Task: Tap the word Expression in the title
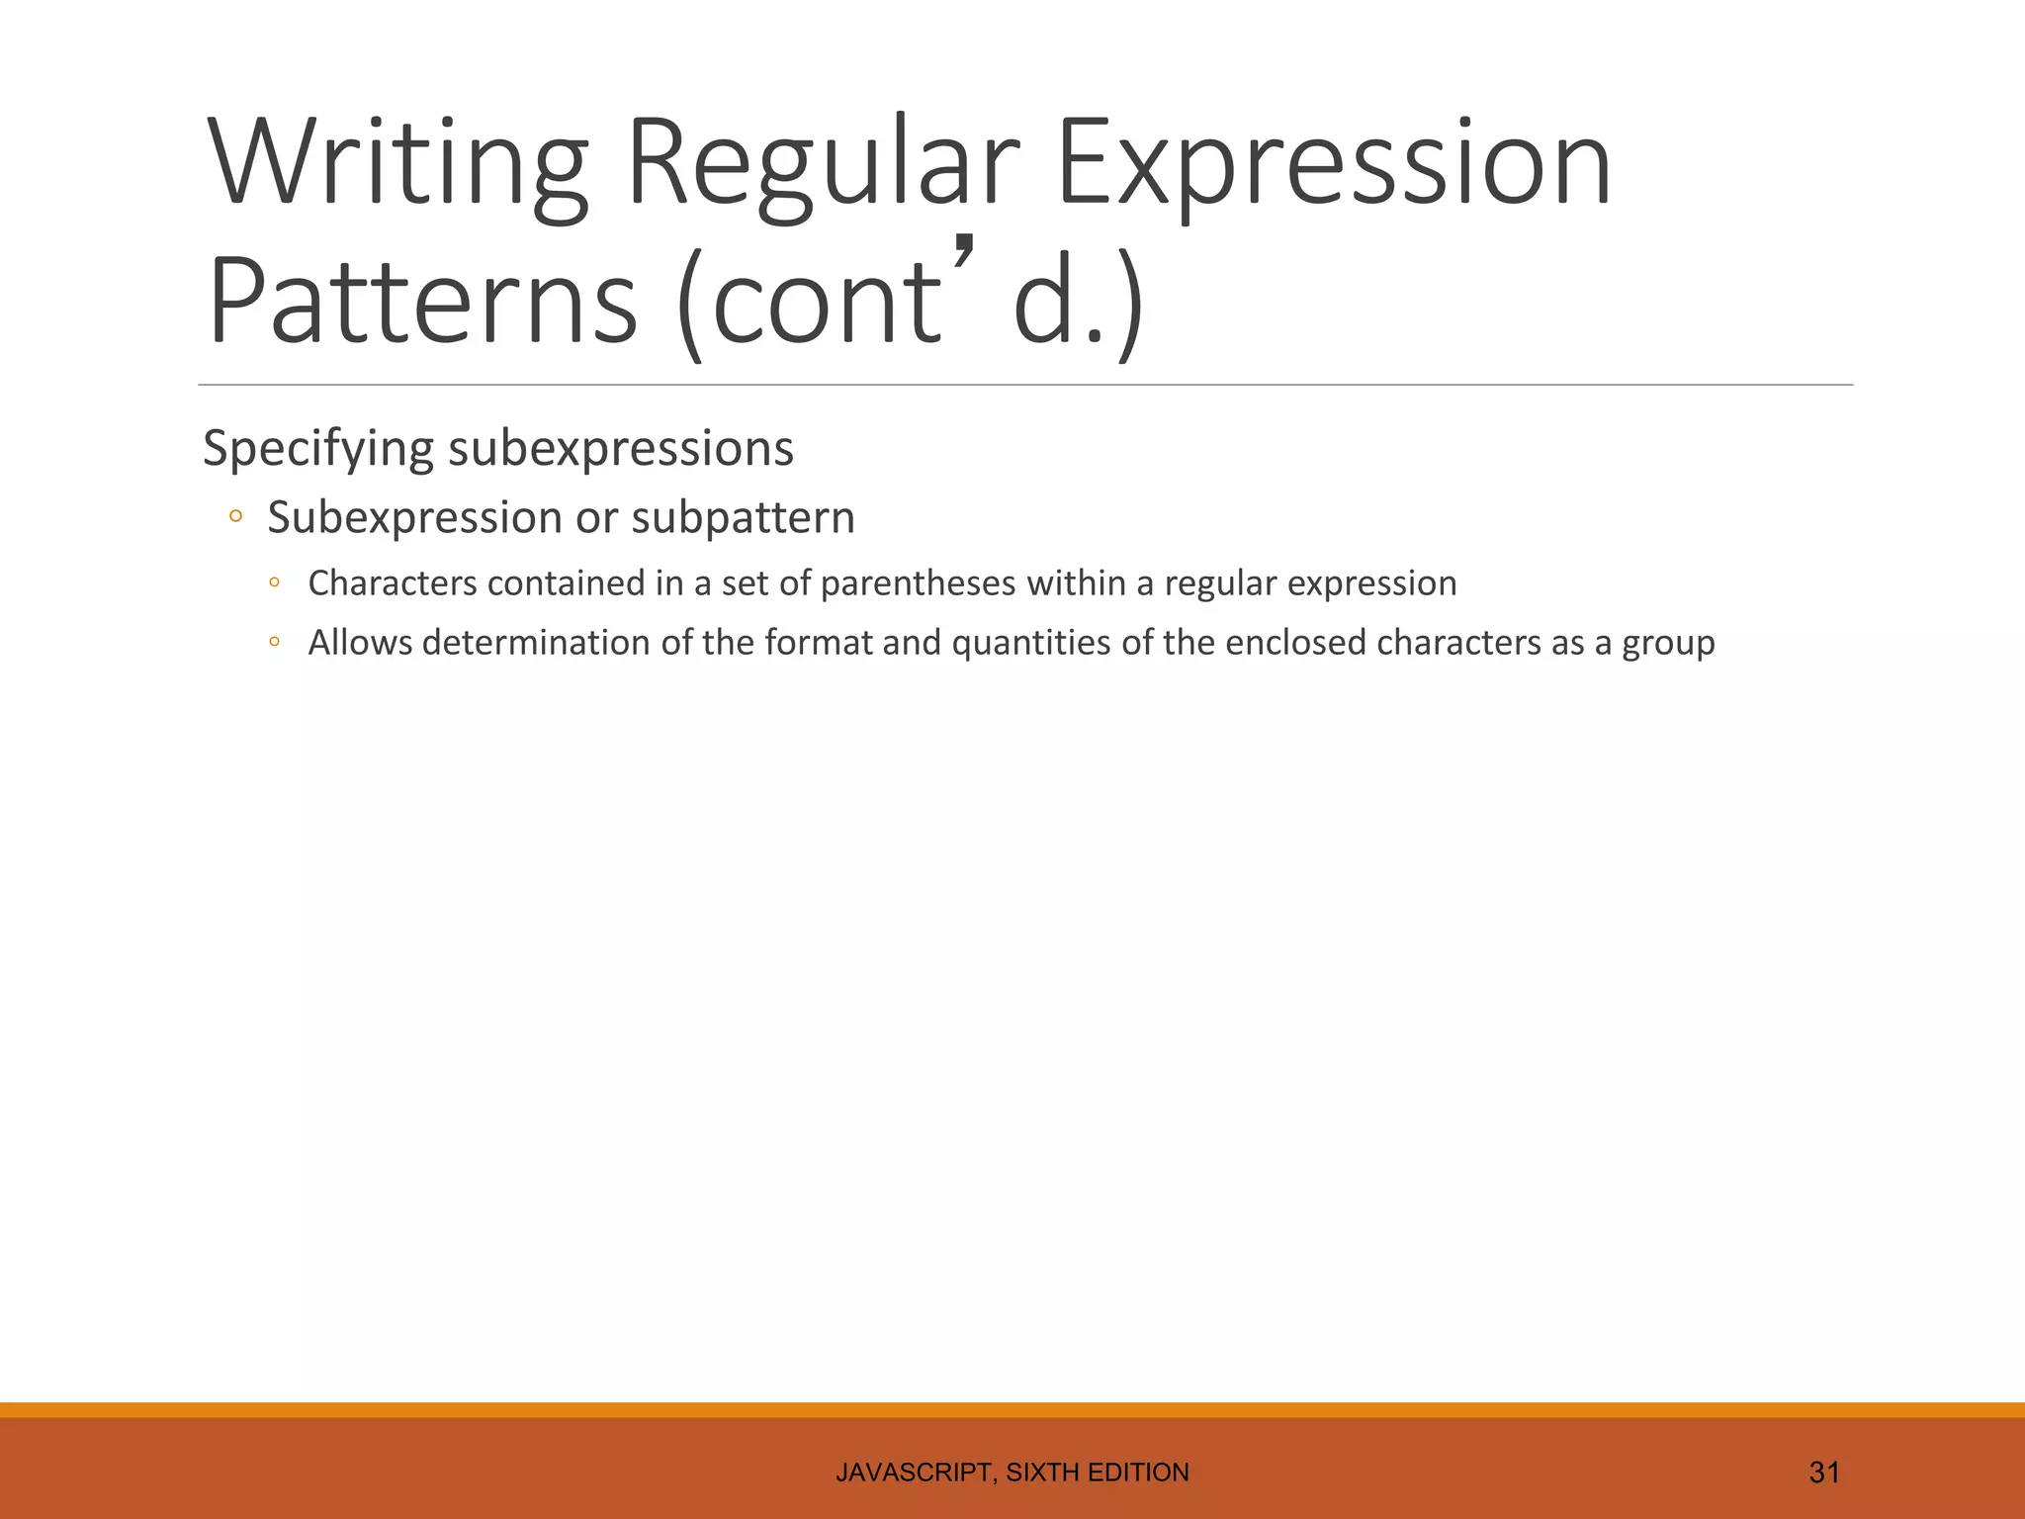(1334, 163)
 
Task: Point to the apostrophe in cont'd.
(965, 253)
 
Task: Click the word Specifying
(317, 449)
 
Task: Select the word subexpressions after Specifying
(621, 449)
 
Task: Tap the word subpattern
(743, 518)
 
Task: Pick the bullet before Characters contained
(275, 583)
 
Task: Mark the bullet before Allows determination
(275, 643)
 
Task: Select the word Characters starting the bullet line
(393, 583)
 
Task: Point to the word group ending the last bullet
(1668, 644)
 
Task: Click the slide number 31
(1823, 1473)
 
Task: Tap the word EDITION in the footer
(1138, 1473)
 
